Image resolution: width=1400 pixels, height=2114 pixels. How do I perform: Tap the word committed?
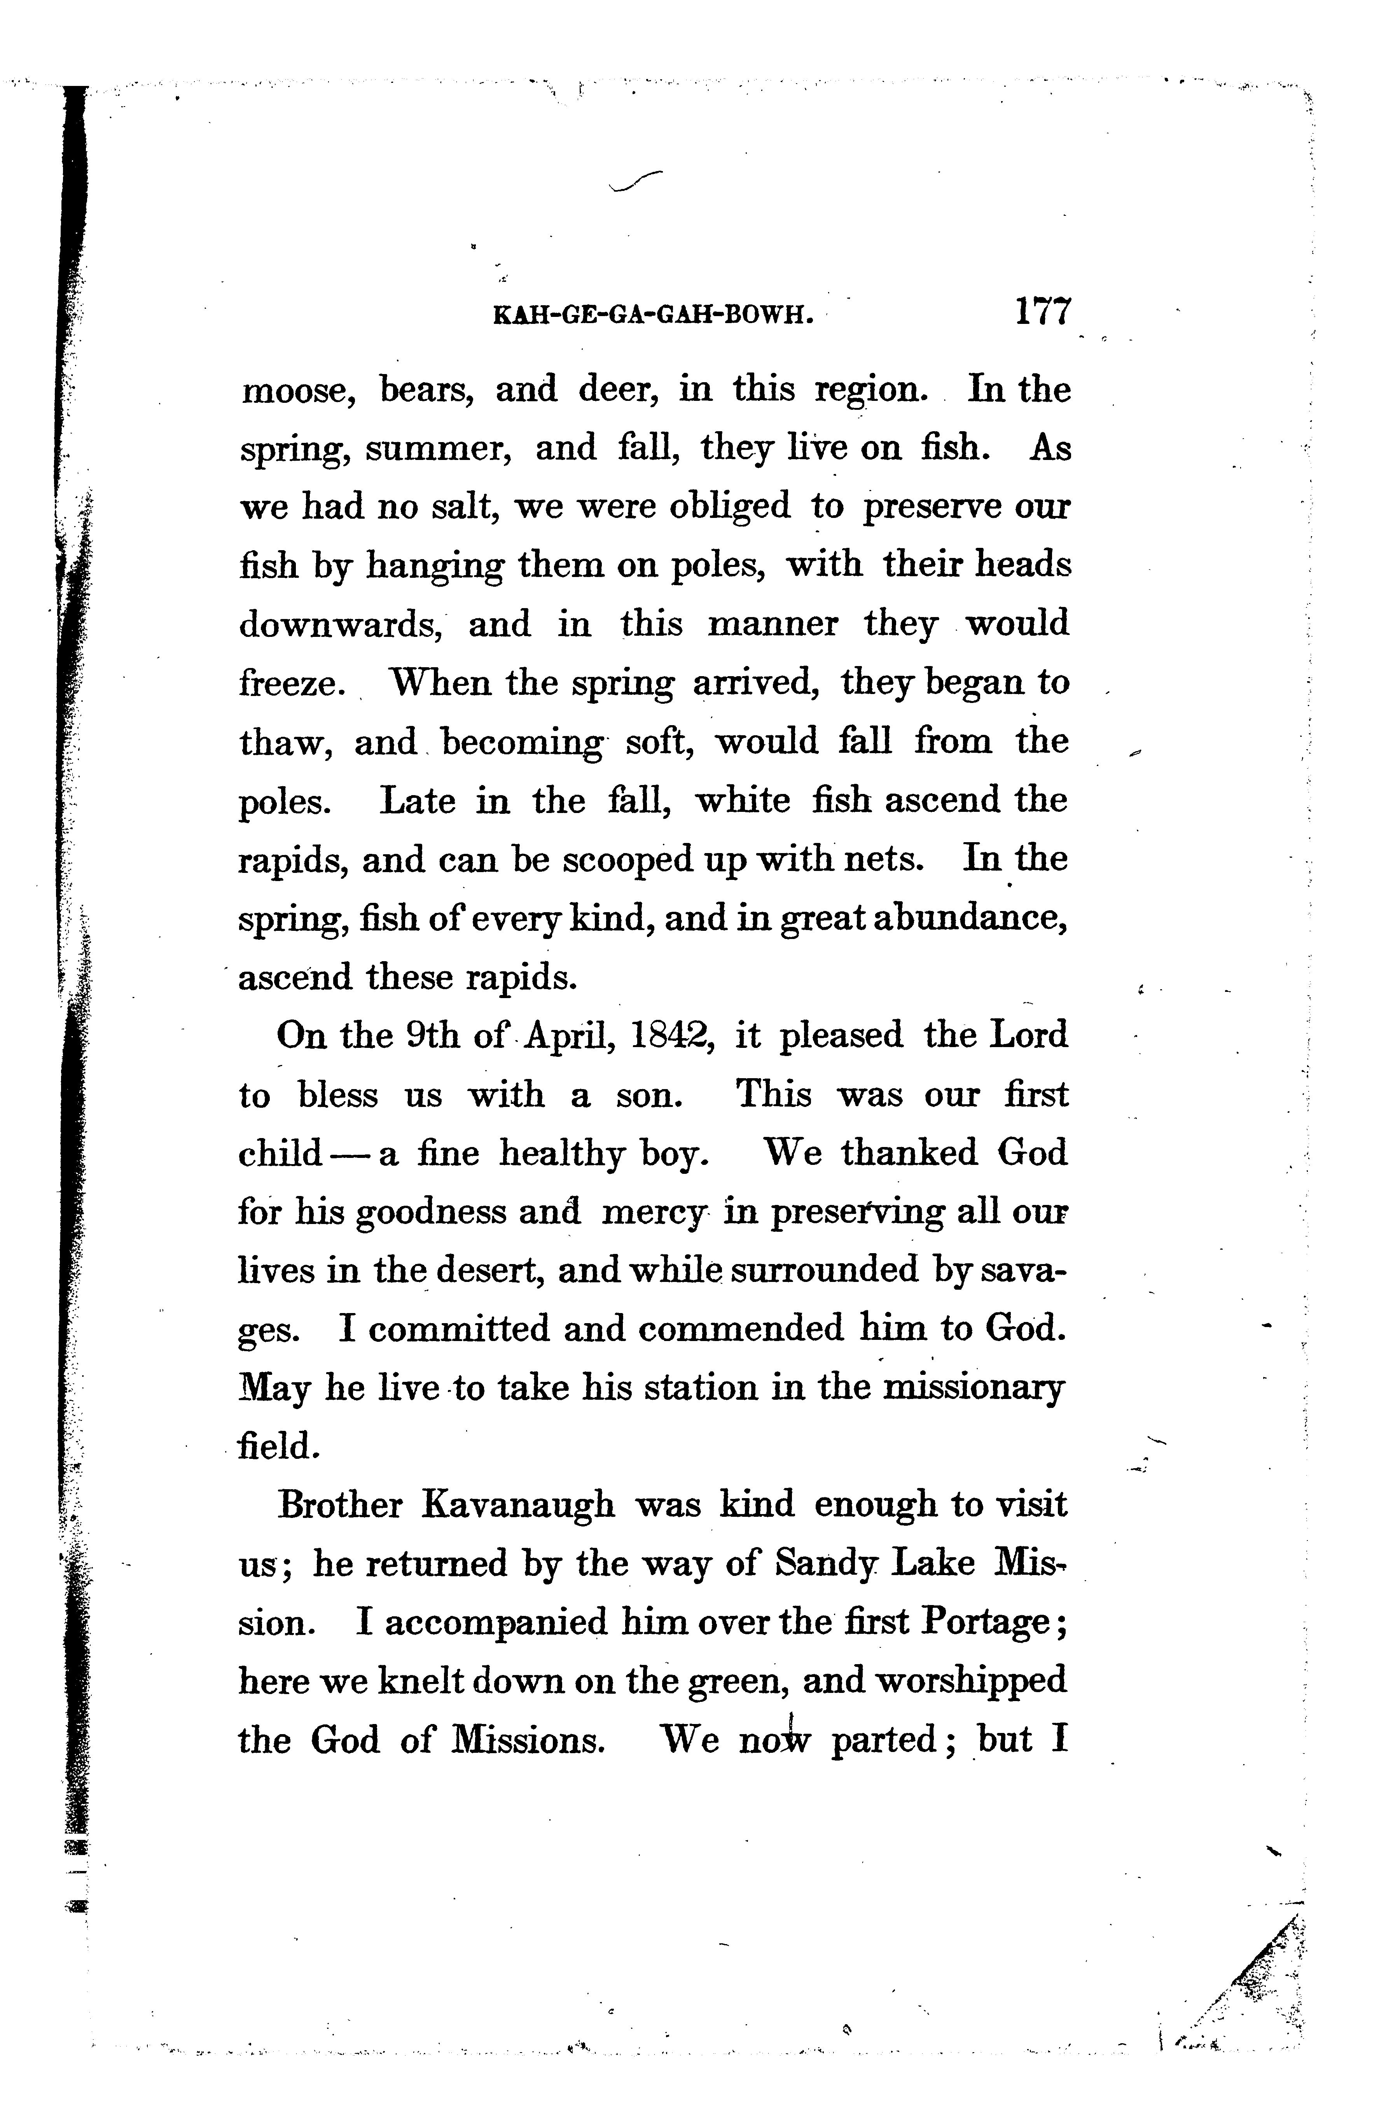(458, 1329)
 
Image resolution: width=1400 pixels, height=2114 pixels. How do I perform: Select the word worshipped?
(970, 1682)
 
